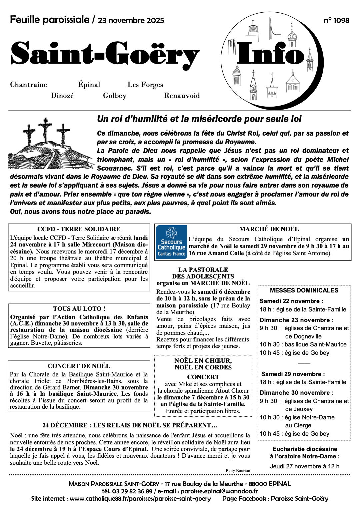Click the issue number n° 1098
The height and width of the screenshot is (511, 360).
pyautogui.click(x=336, y=21)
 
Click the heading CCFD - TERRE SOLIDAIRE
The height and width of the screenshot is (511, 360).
pyautogui.click(x=79, y=229)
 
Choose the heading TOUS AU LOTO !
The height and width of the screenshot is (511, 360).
pyautogui.click(x=79, y=309)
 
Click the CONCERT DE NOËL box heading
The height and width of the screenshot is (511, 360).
pyautogui.click(x=79, y=366)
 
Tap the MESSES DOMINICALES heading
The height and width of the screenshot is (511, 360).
pyautogui.click(x=304, y=290)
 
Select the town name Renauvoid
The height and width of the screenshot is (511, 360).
pyautogui.click(x=182, y=96)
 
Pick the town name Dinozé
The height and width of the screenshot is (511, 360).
pyautogui.click(x=62, y=96)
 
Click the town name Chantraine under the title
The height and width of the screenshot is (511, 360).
pyautogui.click(x=29, y=85)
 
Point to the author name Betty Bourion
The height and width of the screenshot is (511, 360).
pyautogui.click(x=238, y=471)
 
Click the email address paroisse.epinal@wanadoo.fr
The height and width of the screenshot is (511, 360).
pyautogui.click(x=219, y=491)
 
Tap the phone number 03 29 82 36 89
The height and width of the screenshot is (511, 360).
pyautogui.click(x=132, y=491)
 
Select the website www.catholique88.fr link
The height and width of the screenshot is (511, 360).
pyautogui.click(x=140, y=499)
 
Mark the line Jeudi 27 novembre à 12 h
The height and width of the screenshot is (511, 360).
pyautogui.click(x=305, y=466)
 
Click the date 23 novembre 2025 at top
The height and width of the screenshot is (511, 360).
pyautogui.click(x=131, y=21)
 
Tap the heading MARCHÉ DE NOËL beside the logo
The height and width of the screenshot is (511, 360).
pyautogui.click(x=269, y=229)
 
